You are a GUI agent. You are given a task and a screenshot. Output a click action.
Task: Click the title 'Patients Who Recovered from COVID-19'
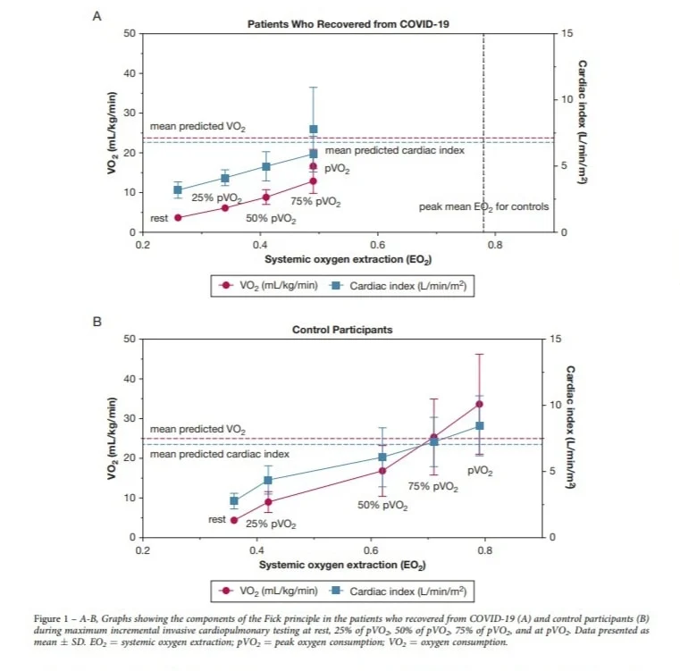(348, 24)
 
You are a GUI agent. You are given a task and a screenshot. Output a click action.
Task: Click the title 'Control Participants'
(342, 330)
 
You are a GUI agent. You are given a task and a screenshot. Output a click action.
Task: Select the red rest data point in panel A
(178, 218)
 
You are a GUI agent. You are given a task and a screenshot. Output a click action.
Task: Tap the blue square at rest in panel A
(178, 190)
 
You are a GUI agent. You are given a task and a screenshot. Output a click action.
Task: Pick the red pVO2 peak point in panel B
(479, 404)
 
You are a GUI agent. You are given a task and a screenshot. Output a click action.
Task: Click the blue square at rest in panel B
(234, 501)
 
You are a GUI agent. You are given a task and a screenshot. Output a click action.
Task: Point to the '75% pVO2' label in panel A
(315, 202)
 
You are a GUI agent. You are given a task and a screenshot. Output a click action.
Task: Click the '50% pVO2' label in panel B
(382, 506)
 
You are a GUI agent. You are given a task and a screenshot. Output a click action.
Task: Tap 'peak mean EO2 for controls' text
(483, 207)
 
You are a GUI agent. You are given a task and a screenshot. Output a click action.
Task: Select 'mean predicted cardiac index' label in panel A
(395, 150)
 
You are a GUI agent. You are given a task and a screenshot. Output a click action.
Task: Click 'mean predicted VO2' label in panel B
(197, 430)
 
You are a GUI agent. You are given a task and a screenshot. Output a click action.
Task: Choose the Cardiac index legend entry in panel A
(399, 286)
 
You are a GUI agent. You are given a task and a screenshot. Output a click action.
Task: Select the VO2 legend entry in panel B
(268, 591)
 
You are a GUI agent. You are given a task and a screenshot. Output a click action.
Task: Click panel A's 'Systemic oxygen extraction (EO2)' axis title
(348, 259)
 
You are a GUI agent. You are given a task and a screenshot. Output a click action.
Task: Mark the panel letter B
(97, 322)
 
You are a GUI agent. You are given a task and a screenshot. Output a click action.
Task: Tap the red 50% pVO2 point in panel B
(382, 471)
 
